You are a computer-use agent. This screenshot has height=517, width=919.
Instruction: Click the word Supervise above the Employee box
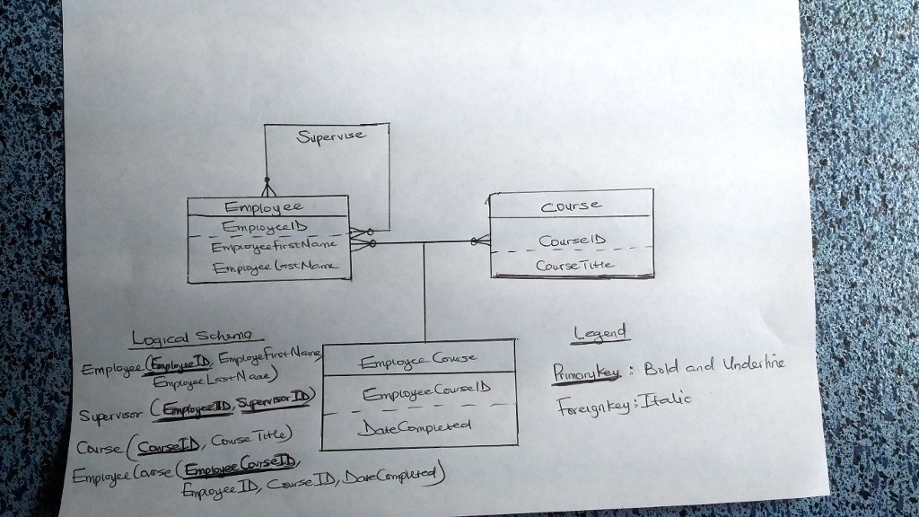tap(331, 136)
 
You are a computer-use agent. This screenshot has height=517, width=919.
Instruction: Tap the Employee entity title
tap(262, 206)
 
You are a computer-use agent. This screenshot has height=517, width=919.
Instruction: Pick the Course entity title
tap(571, 205)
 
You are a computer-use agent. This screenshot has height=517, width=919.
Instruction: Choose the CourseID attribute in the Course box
tap(572, 241)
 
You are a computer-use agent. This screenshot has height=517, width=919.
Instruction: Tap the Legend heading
tap(600, 335)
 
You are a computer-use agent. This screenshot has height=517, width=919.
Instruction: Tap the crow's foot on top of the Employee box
tap(265, 188)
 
